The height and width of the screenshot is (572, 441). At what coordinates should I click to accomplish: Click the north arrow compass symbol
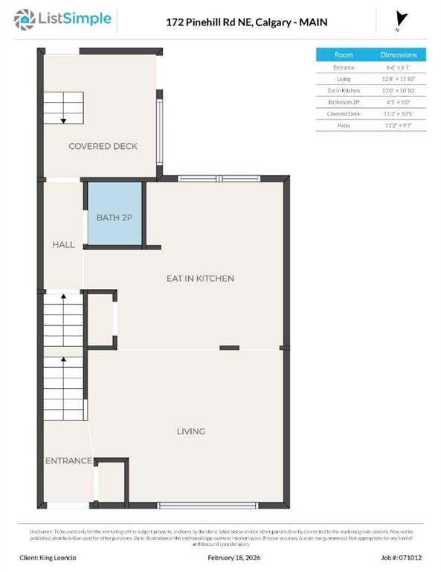pyautogui.click(x=402, y=19)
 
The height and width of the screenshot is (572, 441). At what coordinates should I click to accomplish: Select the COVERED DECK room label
pyautogui.click(x=103, y=147)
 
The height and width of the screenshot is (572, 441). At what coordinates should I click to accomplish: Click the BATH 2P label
pyautogui.click(x=115, y=217)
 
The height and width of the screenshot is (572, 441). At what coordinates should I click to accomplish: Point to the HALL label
pyautogui.click(x=63, y=244)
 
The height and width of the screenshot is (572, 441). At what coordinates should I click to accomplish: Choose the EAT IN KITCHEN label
pyautogui.click(x=199, y=279)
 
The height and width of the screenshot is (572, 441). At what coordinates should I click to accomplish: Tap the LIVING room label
pyautogui.click(x=190, y=431)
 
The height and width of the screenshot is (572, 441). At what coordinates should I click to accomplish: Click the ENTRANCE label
pyautogui.click(x=68, y=461)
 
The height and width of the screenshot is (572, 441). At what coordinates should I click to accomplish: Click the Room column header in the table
pyautogui.click(x=344, y=55)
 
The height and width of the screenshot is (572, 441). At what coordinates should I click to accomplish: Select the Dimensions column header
pyautogui.click(x=399, y=55)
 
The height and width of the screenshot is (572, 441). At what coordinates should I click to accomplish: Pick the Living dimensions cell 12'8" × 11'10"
pyautogui.click(x=399, y=79)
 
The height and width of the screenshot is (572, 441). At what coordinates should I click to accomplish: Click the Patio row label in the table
pyautogui.click(x=344, y=126)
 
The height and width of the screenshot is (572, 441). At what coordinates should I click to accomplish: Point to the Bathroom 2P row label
pyautogui.click(x=344, y=102)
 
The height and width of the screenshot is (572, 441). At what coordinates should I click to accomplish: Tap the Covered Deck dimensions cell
pyautogui.click(x=399, y=114)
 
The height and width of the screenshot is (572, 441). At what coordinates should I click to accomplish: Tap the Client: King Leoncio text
pyautogui.click(x=48, y=557)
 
